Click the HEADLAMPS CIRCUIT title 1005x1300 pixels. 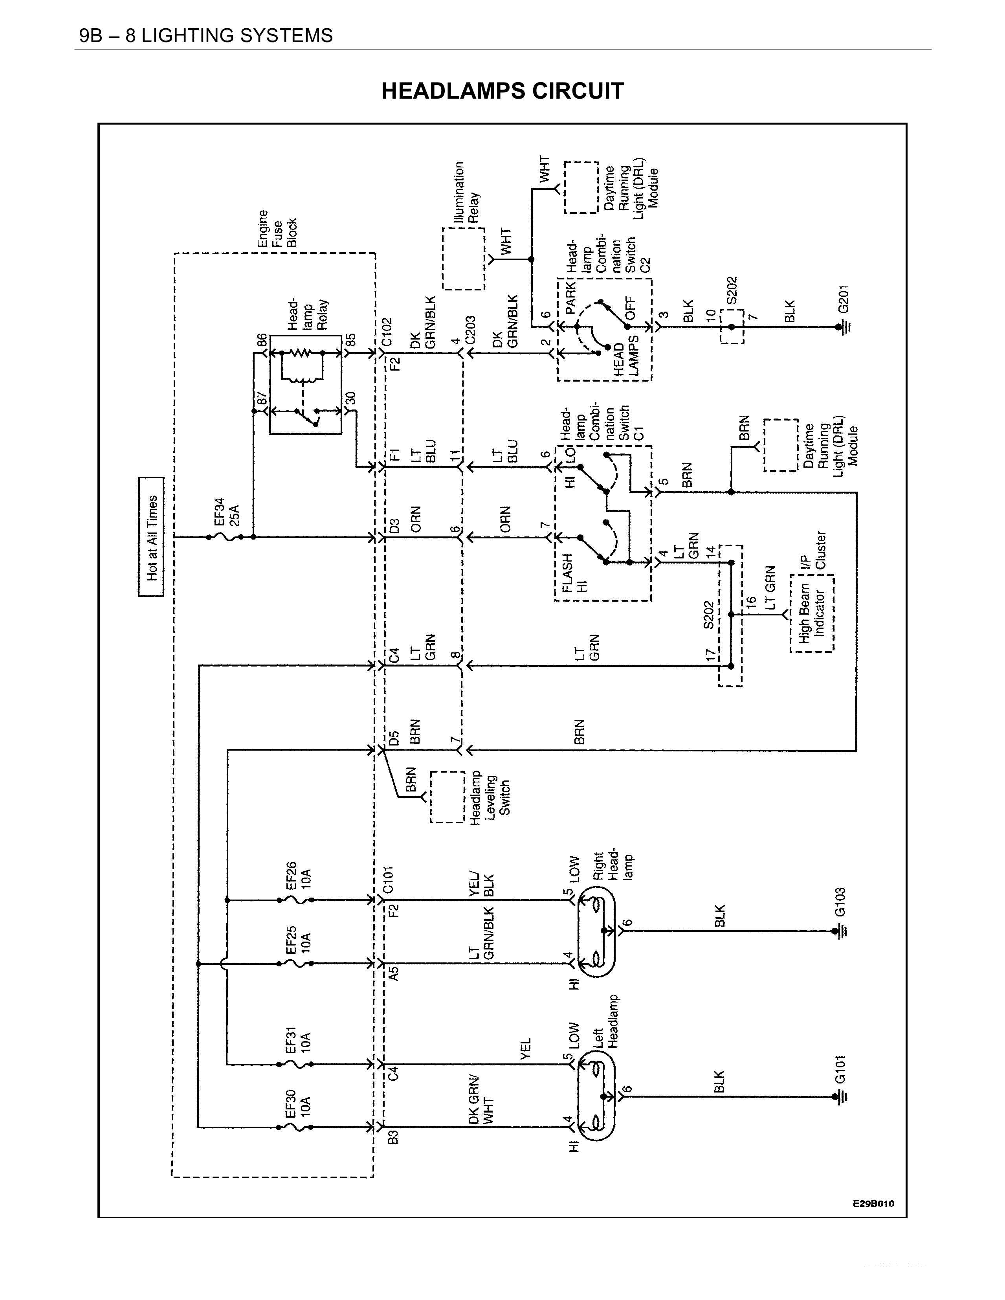click(502, 91)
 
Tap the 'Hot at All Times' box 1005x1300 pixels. click(151, 536)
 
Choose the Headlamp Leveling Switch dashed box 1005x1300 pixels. click(447, 797)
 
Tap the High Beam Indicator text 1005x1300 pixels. click(812, 613)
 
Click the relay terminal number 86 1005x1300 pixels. click(261, 341)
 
